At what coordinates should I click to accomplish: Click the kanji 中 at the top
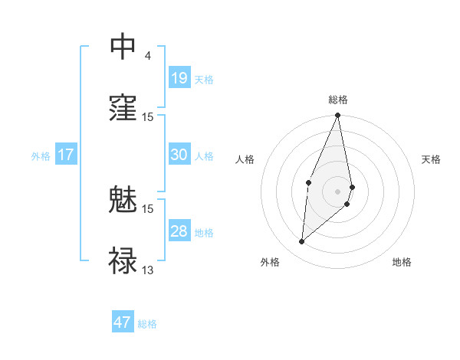tap(123, 47)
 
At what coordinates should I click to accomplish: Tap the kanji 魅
tap(123, 201)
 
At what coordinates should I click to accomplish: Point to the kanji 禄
tap(123, 260)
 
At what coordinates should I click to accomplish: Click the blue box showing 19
tap(179, 78)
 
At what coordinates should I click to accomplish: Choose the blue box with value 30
tap(179, 155)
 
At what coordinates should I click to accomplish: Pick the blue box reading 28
tap(179, 231)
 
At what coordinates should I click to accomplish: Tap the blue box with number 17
tap(66, 155)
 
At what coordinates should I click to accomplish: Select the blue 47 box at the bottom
tap(123, 322)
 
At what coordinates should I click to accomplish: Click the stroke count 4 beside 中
tap(147, 56)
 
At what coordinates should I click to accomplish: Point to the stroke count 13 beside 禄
tap(148, 269)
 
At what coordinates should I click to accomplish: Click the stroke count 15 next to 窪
tap(148, 116)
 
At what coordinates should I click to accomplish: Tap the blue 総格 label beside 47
tap(147, 324)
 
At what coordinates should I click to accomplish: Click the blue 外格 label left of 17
tap(41, 155)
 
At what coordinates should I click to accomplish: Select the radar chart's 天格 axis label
tap(432, 159)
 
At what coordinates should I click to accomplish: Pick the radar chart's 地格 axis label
tap(402, 262)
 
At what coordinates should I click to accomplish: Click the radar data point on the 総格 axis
tap(337, 116)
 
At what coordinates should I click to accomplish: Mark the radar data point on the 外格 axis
tap(302, 242)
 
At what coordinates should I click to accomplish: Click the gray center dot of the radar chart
tap(337, 191)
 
